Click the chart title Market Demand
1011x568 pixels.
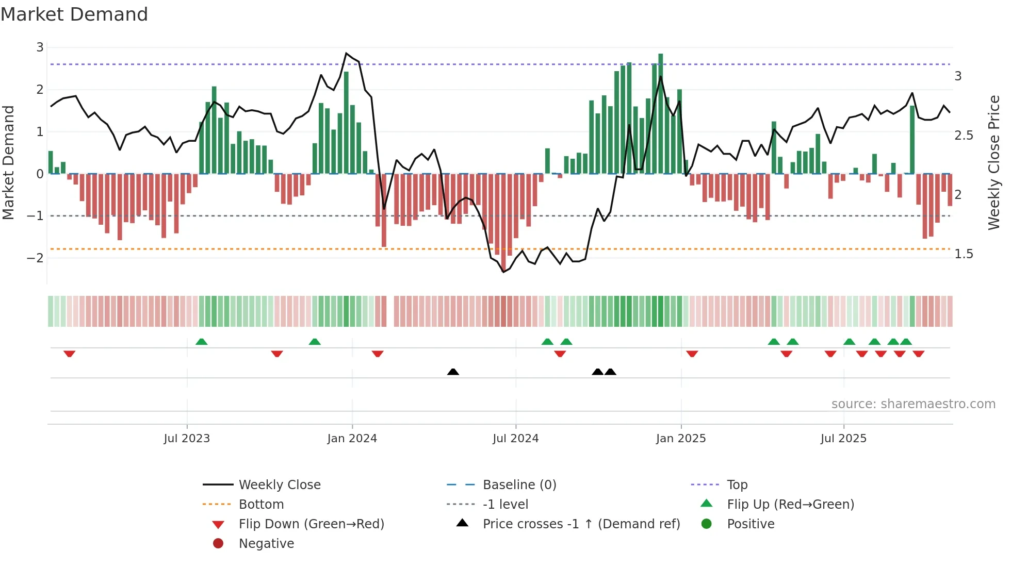pos(74,14)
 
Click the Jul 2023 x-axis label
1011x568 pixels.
pos(187,439)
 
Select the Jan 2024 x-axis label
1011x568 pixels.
pos(352,439)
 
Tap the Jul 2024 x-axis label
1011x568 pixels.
pos(515,439)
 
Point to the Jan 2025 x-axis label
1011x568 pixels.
pos(680,439)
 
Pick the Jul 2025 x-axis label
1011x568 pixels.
pos(843,439)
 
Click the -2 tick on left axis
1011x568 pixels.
pos(35,258)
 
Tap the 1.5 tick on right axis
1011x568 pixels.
pos(963,254)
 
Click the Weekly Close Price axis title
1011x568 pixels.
pos(993,162)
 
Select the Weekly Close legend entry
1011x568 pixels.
pos(279,485)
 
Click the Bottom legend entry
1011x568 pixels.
pos(261,505)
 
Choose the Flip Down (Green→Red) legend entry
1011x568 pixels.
pos(311,524)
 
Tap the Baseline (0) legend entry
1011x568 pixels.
pos(519,485)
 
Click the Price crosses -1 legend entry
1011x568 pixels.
pos(581,524)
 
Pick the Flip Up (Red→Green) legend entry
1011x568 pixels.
pos(790,505)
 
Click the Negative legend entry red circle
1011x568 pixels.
pos(218,544)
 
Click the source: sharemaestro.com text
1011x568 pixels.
pos(913,404)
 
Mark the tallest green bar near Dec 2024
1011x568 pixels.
pos(660,113)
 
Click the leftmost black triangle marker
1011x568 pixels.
pos(453,372)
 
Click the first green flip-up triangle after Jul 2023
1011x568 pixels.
pos(202,342)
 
